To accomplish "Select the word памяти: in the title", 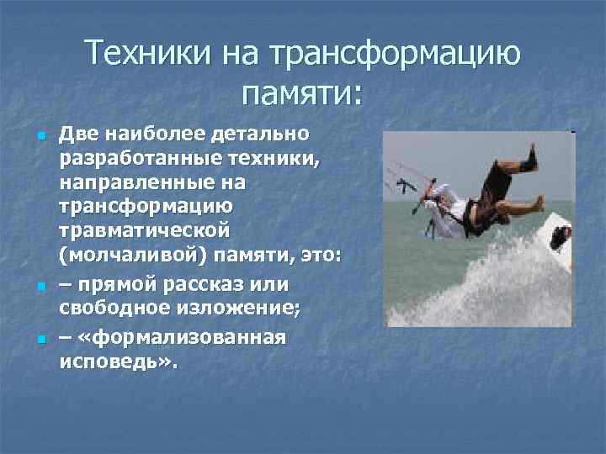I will pyautogui.click(x=302, y=93).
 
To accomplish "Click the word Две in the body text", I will pyautogui.click(x=82, y=134).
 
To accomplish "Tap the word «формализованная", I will pyautogui.click(x=181, y=337).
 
